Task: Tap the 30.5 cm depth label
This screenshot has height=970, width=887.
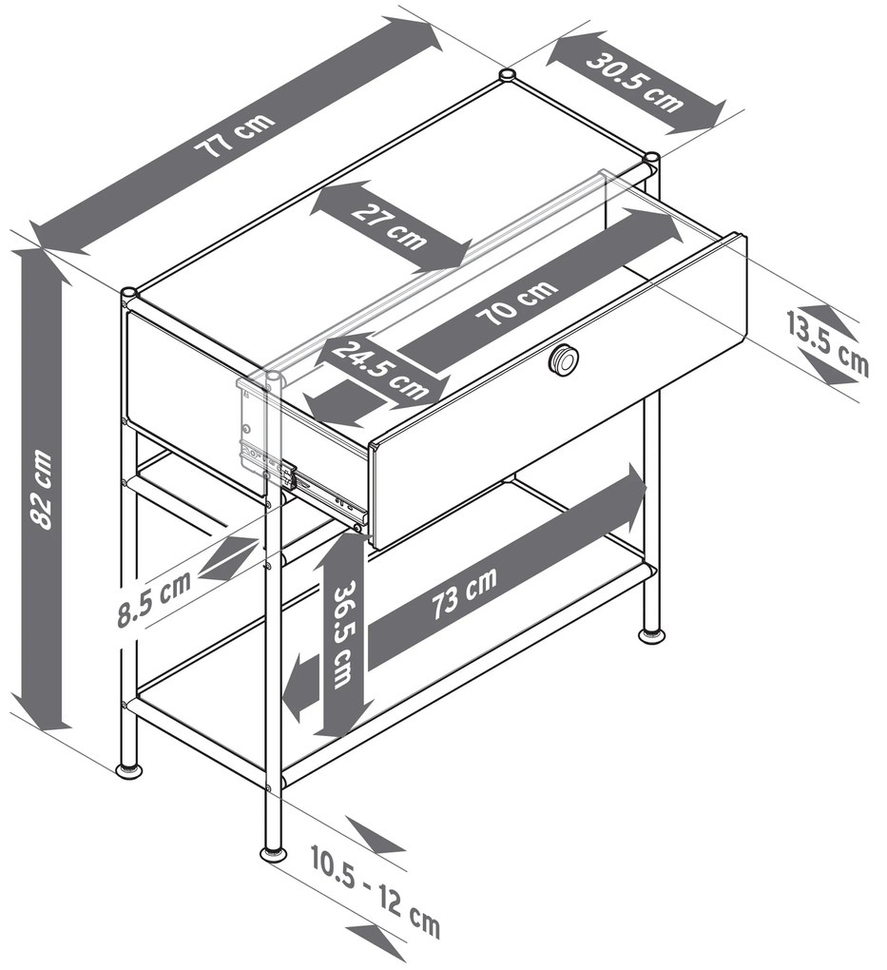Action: point(635,83)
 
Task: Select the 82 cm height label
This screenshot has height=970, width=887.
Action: point(42,489)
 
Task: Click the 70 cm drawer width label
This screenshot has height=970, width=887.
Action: point(516,302)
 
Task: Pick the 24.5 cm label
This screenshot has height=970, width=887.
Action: point(379,369)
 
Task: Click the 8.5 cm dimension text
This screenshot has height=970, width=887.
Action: point(153,601)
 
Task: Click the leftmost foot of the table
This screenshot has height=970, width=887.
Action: point(131,769)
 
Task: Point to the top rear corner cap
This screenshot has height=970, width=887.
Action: point(508,75)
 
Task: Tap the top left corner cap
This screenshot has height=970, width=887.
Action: point(129,293)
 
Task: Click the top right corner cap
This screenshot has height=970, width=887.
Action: point(651,158)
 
